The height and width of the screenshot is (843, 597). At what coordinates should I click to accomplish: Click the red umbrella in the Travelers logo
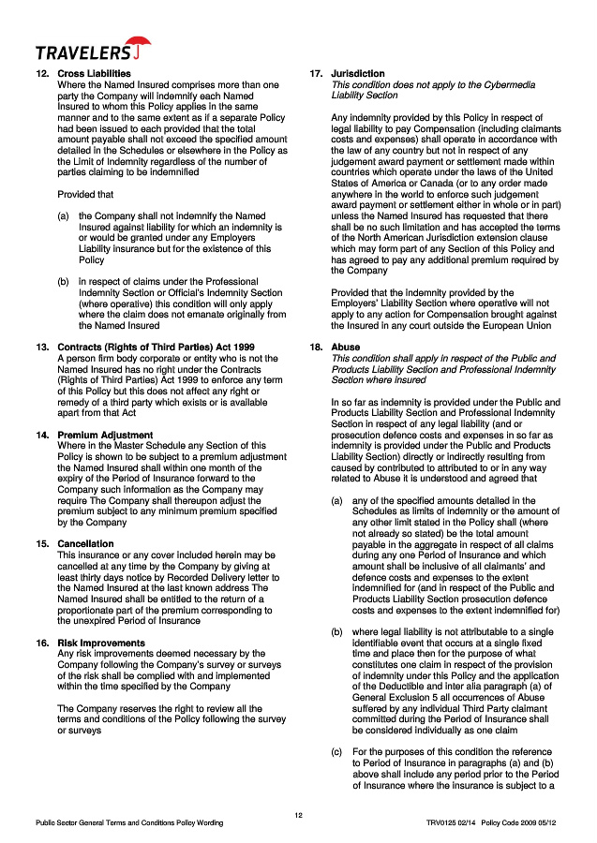[x=141, y=44]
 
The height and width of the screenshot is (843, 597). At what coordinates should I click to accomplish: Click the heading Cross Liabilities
[x=94, y=73]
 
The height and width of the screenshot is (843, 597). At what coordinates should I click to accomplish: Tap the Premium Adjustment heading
[x=102, y=436]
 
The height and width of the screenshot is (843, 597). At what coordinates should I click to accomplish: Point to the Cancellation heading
[x=85, y=543]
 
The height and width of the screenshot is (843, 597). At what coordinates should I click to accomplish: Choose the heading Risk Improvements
[x=101, y=643]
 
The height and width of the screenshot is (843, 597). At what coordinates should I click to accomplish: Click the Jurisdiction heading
[x=357, y=73]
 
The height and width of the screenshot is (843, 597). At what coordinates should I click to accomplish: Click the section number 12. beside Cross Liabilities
[x=42, y=73]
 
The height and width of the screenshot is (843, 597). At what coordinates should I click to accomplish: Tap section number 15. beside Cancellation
[x=42, y=543]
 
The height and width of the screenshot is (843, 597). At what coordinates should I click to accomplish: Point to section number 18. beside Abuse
[x=316, y=347]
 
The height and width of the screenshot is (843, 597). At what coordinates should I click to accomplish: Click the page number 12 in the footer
[x=298, y=814]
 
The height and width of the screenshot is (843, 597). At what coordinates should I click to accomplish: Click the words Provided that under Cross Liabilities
[x=85, y=195]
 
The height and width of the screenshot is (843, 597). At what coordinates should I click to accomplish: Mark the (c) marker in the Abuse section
[x=337, y=752]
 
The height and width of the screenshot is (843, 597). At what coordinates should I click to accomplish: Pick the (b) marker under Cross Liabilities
[x=63, y=280]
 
